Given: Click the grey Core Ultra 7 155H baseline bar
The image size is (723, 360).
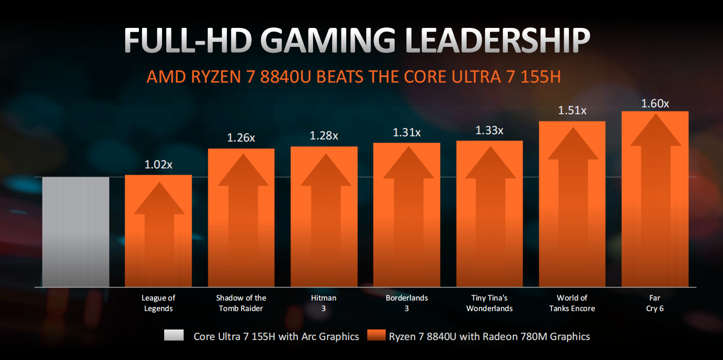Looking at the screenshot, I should pos(75,232).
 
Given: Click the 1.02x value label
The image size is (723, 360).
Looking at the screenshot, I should pos(158,165).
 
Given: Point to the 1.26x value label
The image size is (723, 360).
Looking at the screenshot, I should pos(241,138).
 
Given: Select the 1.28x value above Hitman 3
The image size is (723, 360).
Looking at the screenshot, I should pos(324,136).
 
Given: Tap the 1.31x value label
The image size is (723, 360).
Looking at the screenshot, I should pos(406,132).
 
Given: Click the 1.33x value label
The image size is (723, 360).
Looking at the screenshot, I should pos(489,130).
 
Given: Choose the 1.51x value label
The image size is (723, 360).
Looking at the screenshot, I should pos(572,111).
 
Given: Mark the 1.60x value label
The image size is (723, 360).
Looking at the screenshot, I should pos(655,103).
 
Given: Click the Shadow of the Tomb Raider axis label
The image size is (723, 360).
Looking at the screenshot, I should pos(241,303).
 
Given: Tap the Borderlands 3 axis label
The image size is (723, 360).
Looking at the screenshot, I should pos(406,303).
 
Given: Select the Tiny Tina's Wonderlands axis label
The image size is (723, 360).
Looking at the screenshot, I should pos(489,303).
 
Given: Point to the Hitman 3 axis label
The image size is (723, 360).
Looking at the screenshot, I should pos(324,303).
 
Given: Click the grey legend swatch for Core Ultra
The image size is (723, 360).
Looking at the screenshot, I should pos(174,336).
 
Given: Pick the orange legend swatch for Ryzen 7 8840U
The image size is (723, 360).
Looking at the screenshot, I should pos(376,336).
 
